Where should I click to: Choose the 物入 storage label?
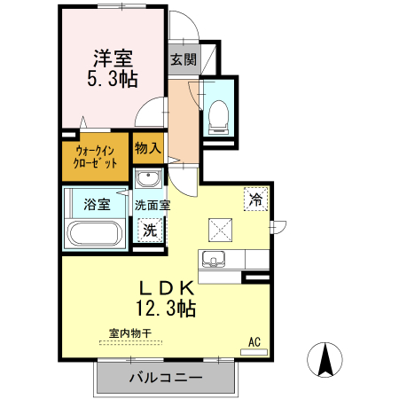tap(147, 149)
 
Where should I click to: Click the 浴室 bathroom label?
tap(97, 205)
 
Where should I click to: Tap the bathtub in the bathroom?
tap(94, 234)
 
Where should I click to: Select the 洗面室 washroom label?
tap(153, 205)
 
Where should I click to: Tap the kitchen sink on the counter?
tap(213, 259)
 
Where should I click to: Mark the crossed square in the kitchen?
tap(220, 230)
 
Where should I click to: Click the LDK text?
tap(164, 288)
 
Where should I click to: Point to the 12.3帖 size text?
tap(164, 309)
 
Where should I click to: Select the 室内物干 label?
tap(130, 333)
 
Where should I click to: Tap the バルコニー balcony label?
tap(166, 378)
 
